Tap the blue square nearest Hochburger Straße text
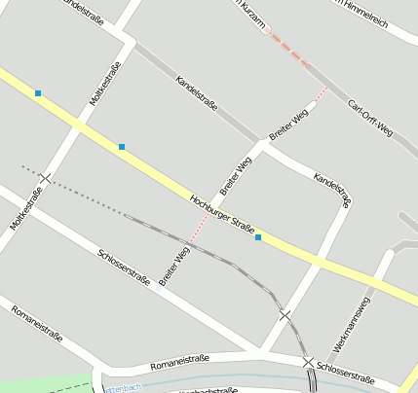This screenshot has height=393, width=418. tap(258, 237)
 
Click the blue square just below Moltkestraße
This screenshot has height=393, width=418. tap(122, 147)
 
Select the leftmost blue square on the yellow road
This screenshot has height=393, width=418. tap(38, 93)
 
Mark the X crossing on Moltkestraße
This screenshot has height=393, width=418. tap(47, 178)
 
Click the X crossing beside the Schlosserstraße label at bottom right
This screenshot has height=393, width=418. tap(308, 363)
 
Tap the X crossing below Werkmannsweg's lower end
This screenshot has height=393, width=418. tap(285, 315)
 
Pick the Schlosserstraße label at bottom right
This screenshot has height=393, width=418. tap(346, 374)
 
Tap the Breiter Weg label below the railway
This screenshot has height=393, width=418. tap(174, 266)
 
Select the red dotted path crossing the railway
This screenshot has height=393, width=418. tap(198, 232)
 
